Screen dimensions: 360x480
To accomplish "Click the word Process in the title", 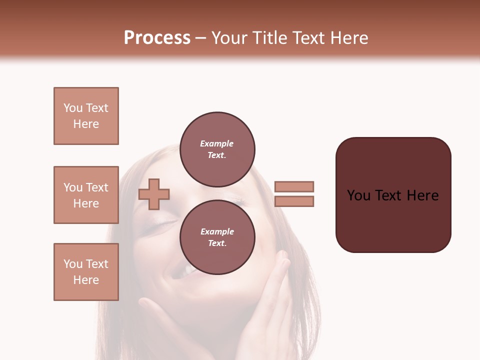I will pos(157,38).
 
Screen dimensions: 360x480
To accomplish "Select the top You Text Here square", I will pos(86,116).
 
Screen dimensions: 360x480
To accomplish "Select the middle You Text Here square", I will pos(86,195).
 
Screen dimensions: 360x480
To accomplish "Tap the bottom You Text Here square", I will pos(86,272).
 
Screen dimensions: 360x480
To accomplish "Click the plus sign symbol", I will pos(154,193).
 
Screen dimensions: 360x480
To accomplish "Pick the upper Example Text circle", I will pos(217,149).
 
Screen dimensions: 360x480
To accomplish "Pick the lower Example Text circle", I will pos(217,237).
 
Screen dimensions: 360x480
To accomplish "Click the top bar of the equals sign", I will pos(294,186).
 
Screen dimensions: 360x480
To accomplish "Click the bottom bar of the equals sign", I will pos(294,201).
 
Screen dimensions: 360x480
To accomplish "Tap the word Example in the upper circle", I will pos(216,143).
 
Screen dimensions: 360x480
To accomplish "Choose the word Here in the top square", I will pos(86,124).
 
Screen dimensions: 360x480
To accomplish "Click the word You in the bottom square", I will pos(72,264).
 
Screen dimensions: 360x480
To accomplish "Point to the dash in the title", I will pos(201,38).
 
